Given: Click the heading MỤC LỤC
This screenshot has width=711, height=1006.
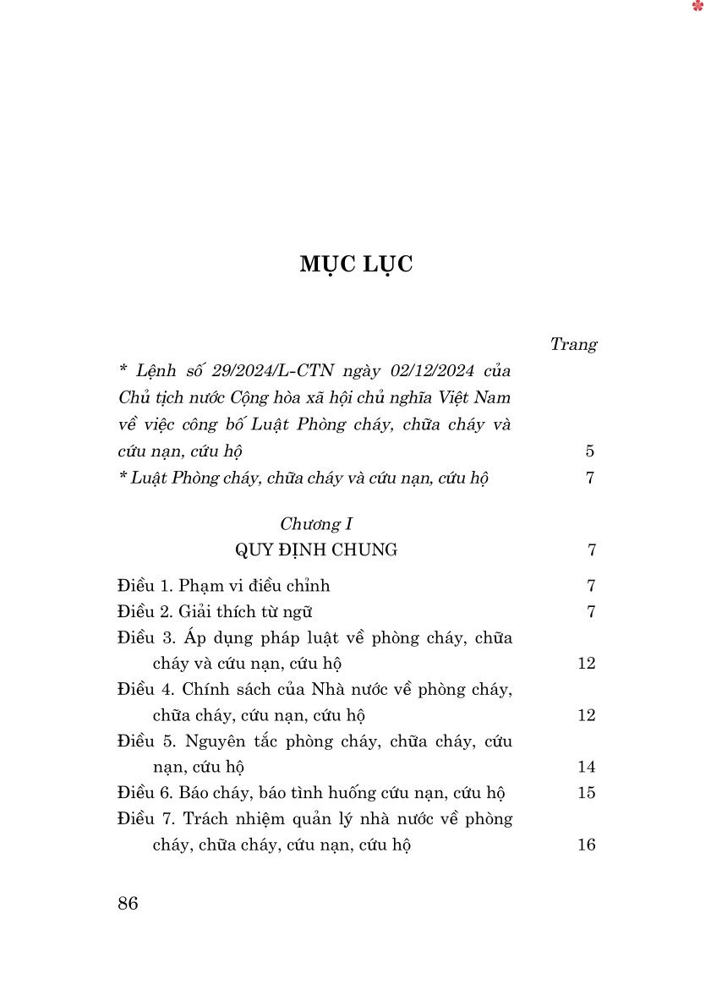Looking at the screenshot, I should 356,265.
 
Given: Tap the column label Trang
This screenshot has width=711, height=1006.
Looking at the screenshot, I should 573,344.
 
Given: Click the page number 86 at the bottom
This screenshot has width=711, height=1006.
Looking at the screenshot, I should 129,903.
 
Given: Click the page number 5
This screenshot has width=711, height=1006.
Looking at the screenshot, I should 590,451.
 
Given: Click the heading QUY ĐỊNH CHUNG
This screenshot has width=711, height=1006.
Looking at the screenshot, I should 316,550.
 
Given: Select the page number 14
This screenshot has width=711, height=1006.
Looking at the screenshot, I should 587,768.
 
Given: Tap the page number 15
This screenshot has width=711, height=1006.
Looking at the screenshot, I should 587,793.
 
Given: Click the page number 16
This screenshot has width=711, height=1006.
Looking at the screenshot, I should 587,845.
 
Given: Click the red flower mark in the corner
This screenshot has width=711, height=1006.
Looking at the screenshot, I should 697,7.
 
